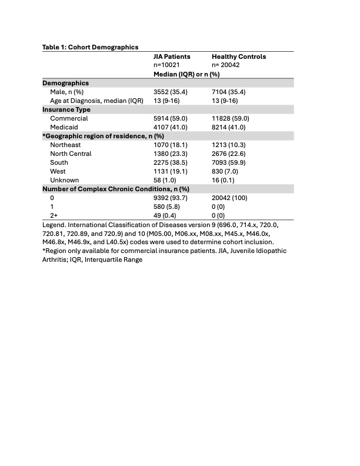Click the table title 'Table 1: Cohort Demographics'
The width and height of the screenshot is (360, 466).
coord(90,47)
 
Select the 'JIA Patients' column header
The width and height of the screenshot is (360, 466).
coord(172,56)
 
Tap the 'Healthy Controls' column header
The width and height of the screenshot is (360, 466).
coord(239,56)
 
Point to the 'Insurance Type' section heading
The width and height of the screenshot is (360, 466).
coord(66,109)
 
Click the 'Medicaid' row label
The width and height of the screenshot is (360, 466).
coord(65,127)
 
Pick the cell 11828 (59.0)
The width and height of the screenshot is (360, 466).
coord(231,118)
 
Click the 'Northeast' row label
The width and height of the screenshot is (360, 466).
coord(66,145)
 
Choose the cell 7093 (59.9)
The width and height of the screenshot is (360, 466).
coord(229,162)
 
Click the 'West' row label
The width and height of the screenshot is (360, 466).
coord(59,171)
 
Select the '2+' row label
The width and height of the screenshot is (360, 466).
coord(54,215)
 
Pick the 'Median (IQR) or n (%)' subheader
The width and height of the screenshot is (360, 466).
coord(186,74)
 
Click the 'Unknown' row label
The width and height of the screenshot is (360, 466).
coord(64,180)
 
